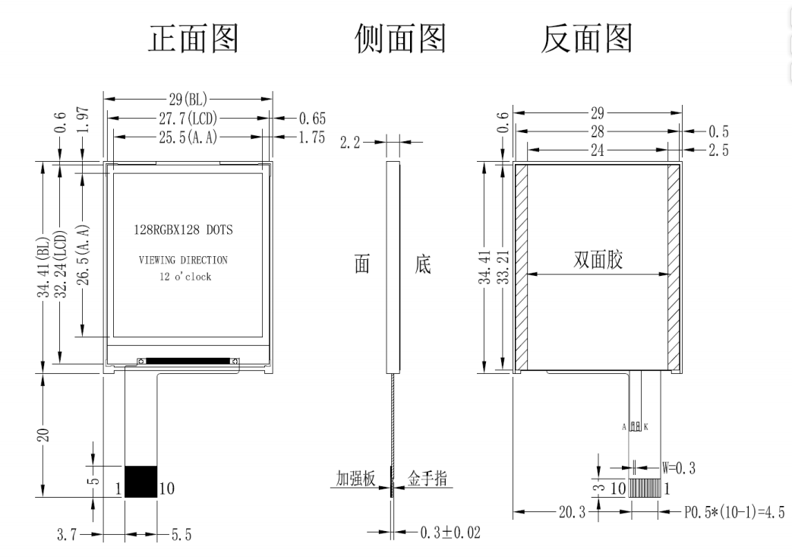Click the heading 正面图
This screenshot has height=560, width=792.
tap(192, 38)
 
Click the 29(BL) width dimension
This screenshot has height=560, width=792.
tap(188, 99)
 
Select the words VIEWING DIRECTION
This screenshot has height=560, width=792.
tap(183, 260)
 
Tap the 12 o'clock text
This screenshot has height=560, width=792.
tap(181, 277)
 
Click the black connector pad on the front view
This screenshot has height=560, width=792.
tap(141, 482)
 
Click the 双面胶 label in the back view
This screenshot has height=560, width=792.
tap(598, 260)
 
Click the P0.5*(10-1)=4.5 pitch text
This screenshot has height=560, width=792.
tap(733, 513)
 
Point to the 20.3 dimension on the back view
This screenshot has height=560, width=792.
tap(570, 513)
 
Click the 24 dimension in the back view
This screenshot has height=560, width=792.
tap(598, 150)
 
